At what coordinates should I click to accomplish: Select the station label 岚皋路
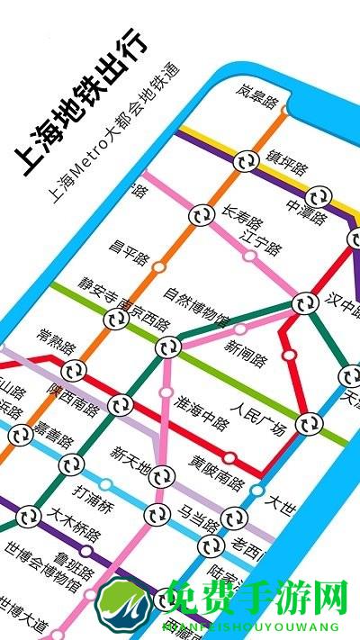click(x=257, y=93)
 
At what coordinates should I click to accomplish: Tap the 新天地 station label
click(x=130, y=458)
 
